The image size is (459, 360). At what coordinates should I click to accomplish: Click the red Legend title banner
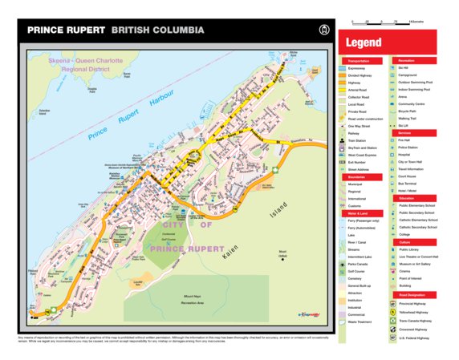tap(388, 42)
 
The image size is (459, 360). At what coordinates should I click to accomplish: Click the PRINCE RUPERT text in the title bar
tap(66, 30)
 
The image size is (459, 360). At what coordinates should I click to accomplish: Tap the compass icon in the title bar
tap(324, 30)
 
